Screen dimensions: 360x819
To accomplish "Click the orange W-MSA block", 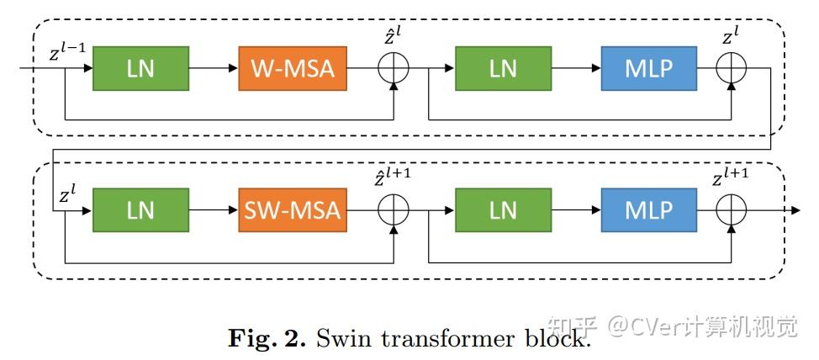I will click(293, 69).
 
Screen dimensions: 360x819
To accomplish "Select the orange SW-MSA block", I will click(293, 210).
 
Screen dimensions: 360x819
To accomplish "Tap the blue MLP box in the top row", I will click(648, 69).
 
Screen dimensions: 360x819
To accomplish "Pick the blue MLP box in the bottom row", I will click(648, 210).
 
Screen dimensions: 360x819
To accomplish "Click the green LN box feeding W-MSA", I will click(140, 69).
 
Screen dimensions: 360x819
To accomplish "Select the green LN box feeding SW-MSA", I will click(140, 210).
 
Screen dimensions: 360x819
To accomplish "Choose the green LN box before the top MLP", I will click(503, 69).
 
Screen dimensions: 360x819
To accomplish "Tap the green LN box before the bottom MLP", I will click(503, 210).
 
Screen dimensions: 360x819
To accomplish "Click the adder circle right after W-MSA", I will click(394, 69).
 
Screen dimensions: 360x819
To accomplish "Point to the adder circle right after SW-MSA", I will click(394, 210).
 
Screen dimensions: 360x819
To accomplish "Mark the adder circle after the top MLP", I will click(732, 69).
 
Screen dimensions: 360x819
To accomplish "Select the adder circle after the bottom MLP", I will click(732, 210).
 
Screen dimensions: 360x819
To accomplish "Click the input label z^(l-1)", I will click(68, 54).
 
